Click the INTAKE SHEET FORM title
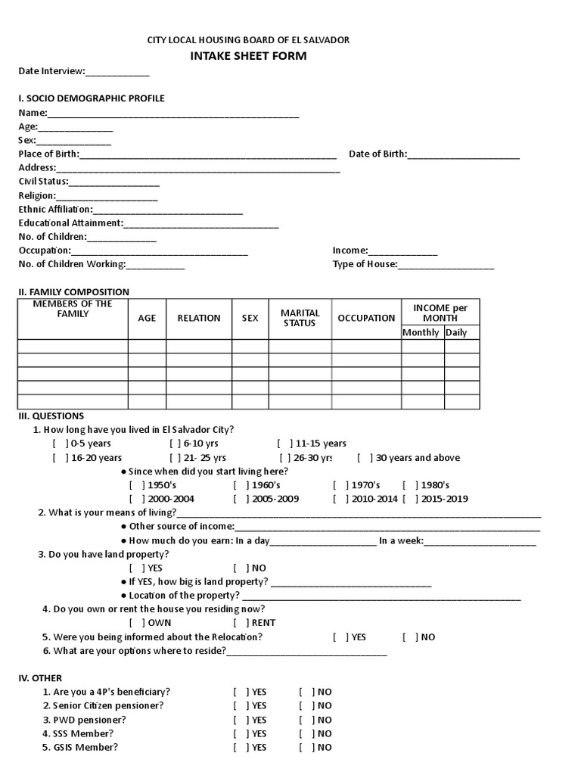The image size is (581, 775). [x=248, y=56]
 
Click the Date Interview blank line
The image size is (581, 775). [x=117, y=73]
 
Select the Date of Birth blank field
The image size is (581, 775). [x=463, y=155]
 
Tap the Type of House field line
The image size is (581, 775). [x=446, y=265]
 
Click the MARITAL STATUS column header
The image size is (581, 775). [x=300, y=318]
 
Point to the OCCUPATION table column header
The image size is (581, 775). [x=366, y=318]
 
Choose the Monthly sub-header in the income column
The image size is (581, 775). [x=421, y=332]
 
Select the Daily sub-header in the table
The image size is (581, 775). [x=456, y=332]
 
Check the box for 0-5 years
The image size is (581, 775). [x=60, y=444]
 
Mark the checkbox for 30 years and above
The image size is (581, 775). [x=365, y=458]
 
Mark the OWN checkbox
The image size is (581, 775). [x=136, y=623]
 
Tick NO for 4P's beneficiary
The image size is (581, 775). [x=306, y=692]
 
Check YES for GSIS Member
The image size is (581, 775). [x=241, y=748]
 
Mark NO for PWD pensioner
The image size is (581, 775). [x=306, y=720]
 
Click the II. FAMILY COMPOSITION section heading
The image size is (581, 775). [x=73, y=292]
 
